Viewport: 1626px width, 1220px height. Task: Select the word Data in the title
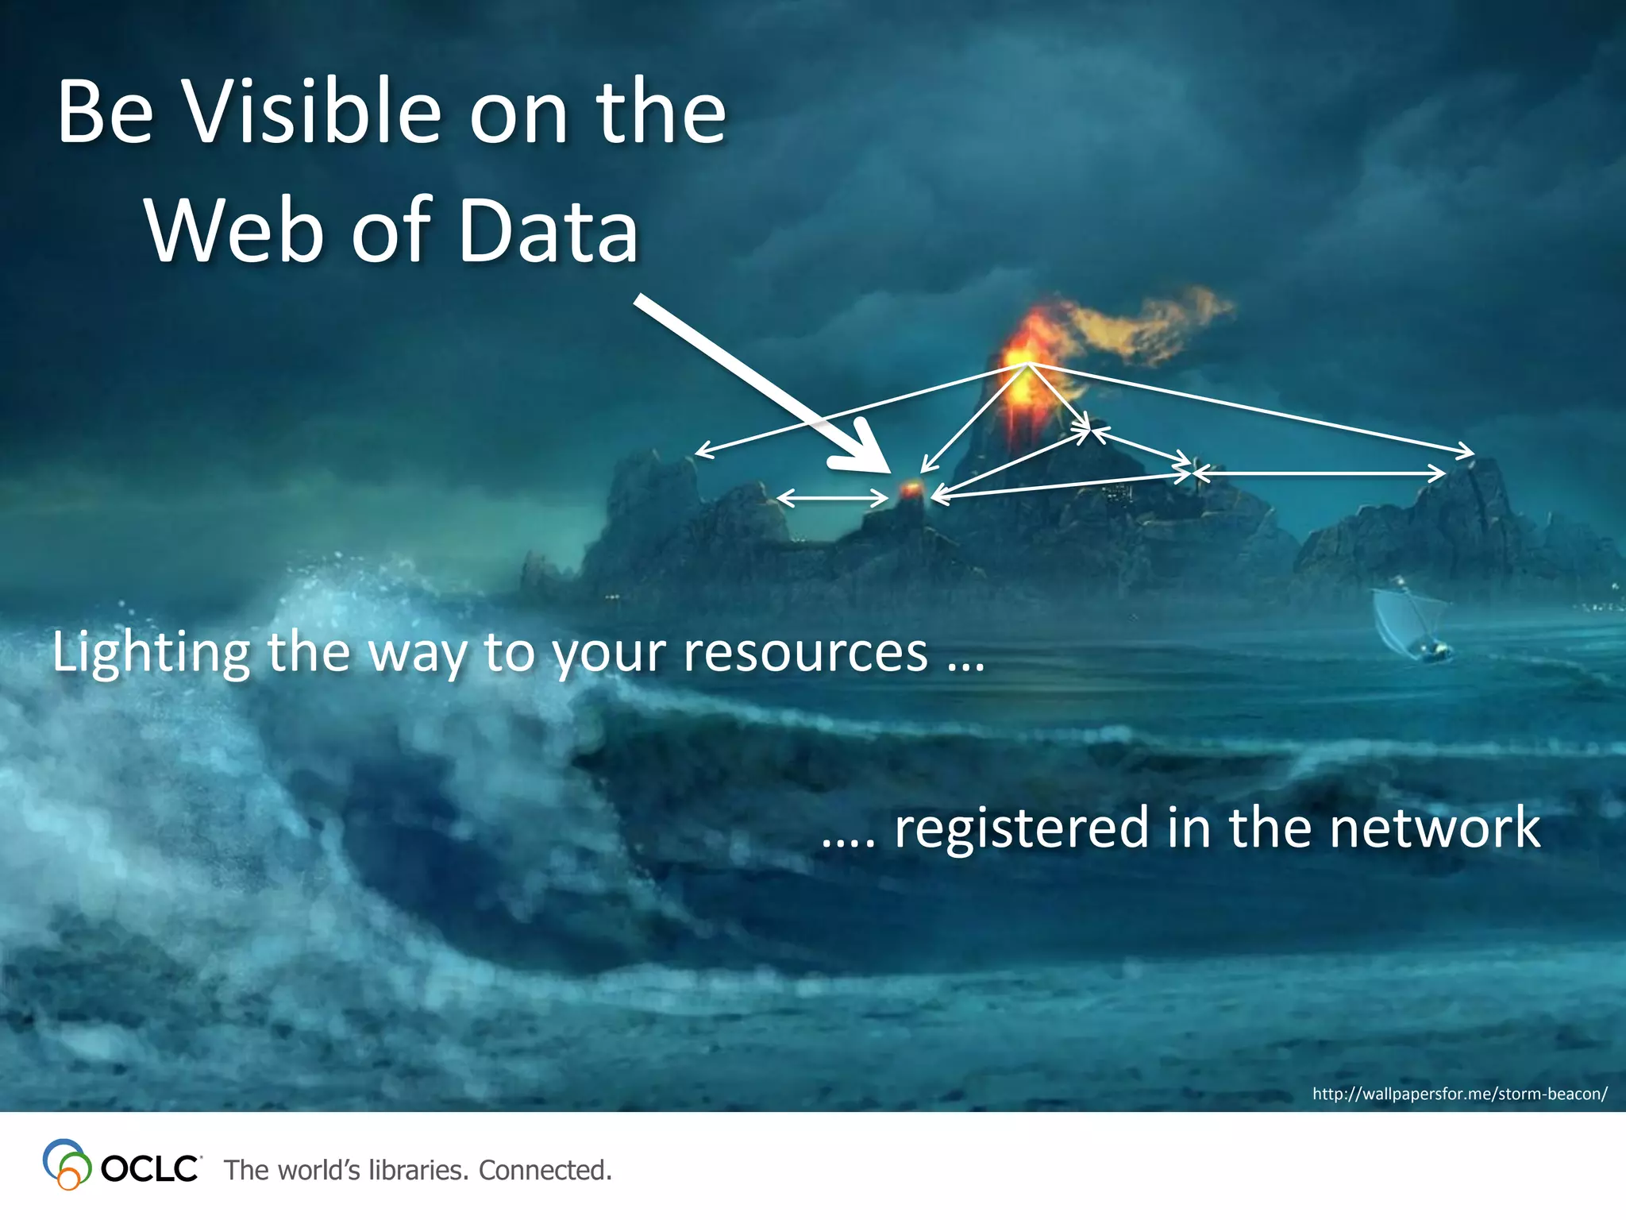point(548,232)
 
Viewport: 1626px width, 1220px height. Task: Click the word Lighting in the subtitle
point(151,654)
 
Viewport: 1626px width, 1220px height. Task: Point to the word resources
point(805,654)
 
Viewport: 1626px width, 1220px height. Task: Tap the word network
point(1435,828)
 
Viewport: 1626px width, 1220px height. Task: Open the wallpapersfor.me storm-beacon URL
point(1459,1094)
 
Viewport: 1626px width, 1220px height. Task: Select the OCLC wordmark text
point(150,1169)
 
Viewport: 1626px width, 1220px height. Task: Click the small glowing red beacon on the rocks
point(911,488)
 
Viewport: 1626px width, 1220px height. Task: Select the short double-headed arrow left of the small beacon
point(831,499)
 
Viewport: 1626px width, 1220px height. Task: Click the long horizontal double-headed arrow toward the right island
point(1318,473)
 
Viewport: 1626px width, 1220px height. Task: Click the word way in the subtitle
point(417,655)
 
